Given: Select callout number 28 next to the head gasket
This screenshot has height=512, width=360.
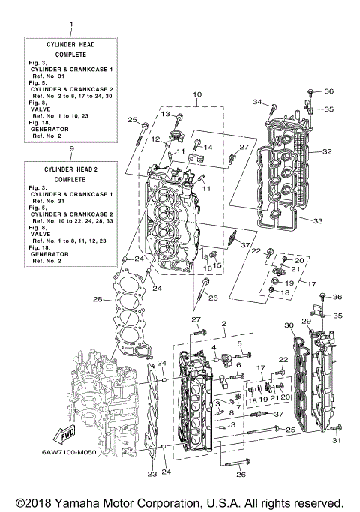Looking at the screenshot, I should (x=97, y=299).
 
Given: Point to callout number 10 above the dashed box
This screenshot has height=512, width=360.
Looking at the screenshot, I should (x=197, y=95).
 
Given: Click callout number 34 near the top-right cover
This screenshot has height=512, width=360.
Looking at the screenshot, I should (x=257, y=102).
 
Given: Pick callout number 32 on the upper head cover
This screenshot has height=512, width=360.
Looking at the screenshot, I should (x=327, y=151).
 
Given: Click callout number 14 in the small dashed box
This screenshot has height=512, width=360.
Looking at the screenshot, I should (x=208, y=148).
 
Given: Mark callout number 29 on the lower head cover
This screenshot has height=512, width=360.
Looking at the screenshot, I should (x=306, y=321).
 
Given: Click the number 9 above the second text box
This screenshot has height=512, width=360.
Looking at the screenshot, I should (x=70, y=149).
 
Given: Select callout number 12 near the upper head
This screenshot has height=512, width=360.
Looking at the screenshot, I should (x=156, y=139).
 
